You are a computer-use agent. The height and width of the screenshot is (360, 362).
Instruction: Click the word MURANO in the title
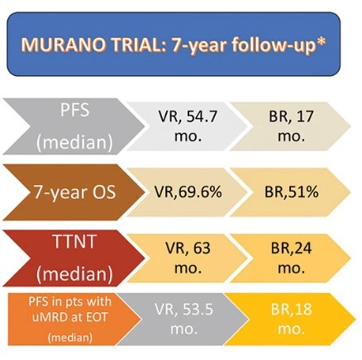(64, 45)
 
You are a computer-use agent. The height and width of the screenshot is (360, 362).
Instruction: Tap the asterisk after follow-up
(322, 41)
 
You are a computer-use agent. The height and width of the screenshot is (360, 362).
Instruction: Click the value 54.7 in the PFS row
(202, 116)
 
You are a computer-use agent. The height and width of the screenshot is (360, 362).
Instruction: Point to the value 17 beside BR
(305, 116)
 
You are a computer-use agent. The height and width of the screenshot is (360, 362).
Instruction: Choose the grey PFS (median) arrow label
(74, 126)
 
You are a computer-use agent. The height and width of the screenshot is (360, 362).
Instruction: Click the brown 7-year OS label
(74, 192)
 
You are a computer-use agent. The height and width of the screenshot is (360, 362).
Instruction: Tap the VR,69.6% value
(188, 192)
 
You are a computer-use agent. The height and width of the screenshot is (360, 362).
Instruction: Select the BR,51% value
(292, 192)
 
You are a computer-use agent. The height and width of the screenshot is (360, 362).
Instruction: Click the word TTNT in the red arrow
(74, 241)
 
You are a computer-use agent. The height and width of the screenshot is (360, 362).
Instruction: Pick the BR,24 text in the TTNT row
(291, 248)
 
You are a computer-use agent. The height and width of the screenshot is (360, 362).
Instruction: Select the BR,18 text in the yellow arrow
(291, 309)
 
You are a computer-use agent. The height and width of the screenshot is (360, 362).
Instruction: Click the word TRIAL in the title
(140, 45)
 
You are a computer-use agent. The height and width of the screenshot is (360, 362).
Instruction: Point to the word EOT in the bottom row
(97, 317)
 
